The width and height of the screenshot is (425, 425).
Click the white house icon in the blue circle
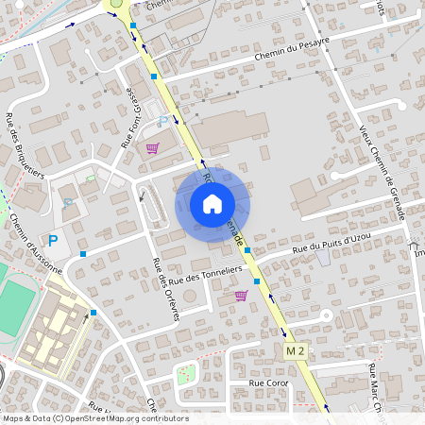[212, 204]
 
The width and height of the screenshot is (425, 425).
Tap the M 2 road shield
[297, 351]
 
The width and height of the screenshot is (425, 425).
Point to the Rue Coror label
[267, 383]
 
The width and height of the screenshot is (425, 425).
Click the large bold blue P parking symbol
[53, 242]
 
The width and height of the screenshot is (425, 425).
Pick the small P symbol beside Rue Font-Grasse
[161, 121]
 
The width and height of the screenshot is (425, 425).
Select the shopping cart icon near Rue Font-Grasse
[152, 147]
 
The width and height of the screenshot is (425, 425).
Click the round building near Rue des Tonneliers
[191, 297]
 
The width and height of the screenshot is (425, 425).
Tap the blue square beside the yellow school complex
[93, 313]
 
